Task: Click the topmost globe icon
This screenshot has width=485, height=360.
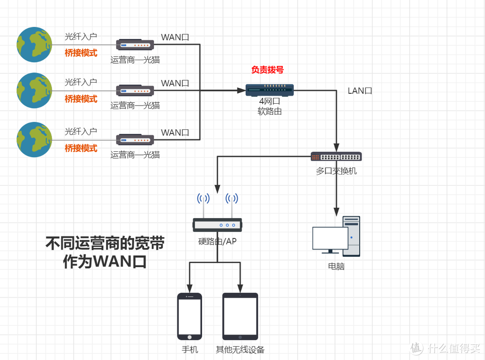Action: coord(35,44)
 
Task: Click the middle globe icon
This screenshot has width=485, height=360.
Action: coord(35,90)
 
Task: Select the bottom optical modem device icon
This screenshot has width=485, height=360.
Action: coord(135,140)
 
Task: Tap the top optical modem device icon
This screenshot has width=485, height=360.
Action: coord(135,45)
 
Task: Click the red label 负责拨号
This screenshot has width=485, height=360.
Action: coord(267,70)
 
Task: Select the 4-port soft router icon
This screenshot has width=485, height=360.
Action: coord(269,90)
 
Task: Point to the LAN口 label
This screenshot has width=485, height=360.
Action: coord(360,91)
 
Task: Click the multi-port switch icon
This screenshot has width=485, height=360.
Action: coord(336,157)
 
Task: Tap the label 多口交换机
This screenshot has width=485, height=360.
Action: coord(336,171)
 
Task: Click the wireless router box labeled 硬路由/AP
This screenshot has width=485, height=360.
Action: coord(218,225)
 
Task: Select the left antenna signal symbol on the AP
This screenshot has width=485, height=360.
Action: coord(203,198)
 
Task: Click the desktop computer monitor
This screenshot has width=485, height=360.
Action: coord(330,238)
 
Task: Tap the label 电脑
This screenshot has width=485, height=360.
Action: coord(336,266)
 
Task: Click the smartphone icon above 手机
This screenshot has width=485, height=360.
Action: coord(190,316)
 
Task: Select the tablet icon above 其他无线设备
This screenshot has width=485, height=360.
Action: coord(240,316)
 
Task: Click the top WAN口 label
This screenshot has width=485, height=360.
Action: coord(175,37)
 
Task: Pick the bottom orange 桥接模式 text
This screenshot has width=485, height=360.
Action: coord(81,148)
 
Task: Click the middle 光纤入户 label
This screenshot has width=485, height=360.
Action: coord(81,82)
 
